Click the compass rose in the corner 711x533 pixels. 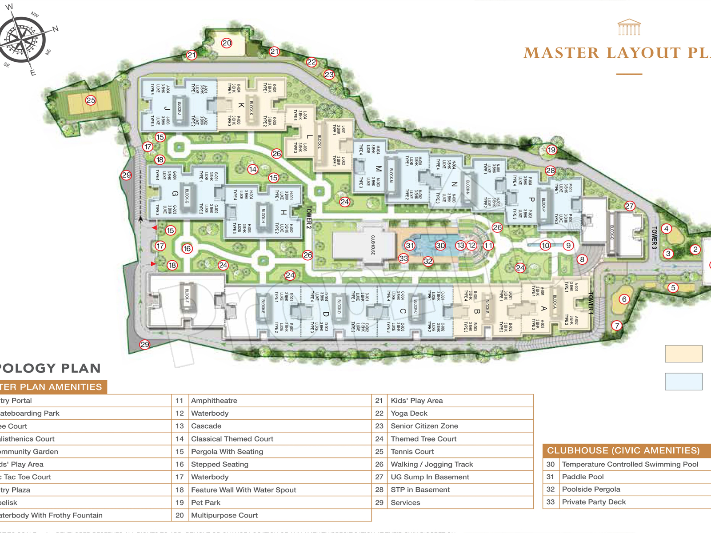coord(22,39)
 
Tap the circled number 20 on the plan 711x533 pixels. coord(227,43)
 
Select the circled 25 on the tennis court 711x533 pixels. coord(91,100)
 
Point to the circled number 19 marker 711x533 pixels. coord(551,150)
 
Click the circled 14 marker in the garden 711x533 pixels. coord(253,169)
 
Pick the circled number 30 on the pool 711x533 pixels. coord(440,245)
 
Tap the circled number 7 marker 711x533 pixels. coord(616,326)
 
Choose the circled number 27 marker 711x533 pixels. coord(630,206)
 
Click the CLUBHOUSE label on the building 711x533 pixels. coord(373,245)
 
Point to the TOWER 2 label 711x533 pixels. coord(309,217)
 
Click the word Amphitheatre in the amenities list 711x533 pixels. coord(214,401)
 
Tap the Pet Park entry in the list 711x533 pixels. coord(206,503)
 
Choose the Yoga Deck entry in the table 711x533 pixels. coord(409,414)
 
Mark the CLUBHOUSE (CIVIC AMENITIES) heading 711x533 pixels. coord(623,451)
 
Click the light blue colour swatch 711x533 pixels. coord(683,382)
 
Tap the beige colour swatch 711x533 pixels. coord(683,354)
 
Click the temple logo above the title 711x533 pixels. coord(629,28)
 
